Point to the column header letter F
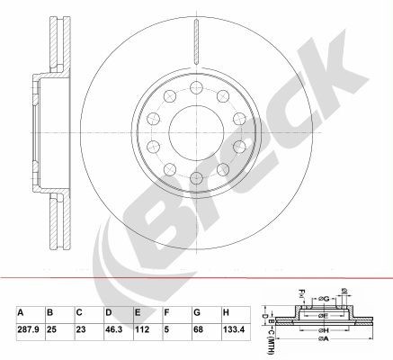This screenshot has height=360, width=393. pos(165,311)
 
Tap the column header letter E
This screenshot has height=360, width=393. pos(138,311)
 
